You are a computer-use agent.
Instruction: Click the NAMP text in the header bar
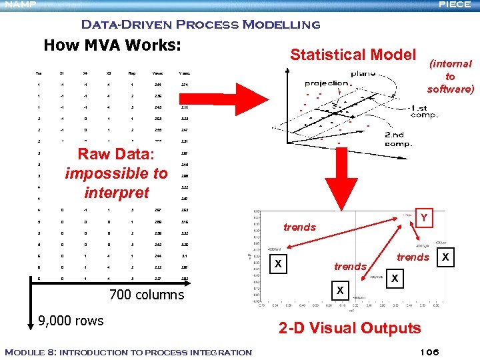pyautogui.click(x=18, y=5)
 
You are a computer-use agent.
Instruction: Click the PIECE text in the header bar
pyautogui.click(x=459, y=5)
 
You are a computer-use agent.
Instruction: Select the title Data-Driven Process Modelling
pyautogui.click(x=200, y=25)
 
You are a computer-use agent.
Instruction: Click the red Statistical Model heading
pyautogui.click(x=353, y=55)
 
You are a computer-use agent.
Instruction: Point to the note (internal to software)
pyautogui.click(x=450, y=76)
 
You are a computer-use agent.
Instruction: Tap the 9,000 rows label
pyautogui.click(x=71, y=320)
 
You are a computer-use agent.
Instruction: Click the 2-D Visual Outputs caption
pyautogui.click(x=349, y=327)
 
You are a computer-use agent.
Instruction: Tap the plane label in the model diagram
pyautogui.click(x=363, y=74)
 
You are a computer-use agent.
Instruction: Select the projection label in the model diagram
pyautogui.click(x=327, y=83)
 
